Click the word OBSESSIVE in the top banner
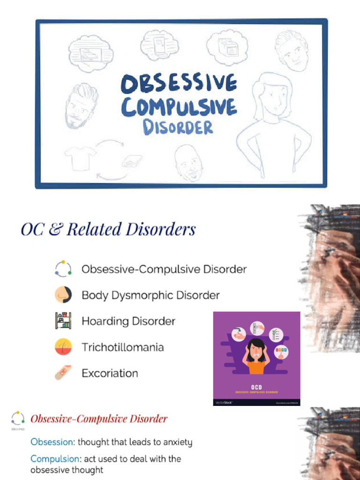179,84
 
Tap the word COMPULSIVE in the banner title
179,106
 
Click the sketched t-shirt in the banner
80,158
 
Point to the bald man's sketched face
189,163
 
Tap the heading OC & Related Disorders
108,230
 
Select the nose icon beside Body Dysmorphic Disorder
63,295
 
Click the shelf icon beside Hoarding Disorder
63,321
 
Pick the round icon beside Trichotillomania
63,347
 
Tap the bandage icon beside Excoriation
63,373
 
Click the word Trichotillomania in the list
123,347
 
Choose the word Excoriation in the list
110,374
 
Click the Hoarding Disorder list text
128,321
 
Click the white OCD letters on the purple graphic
256,387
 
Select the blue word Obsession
52,442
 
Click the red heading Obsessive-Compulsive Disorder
98,419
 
